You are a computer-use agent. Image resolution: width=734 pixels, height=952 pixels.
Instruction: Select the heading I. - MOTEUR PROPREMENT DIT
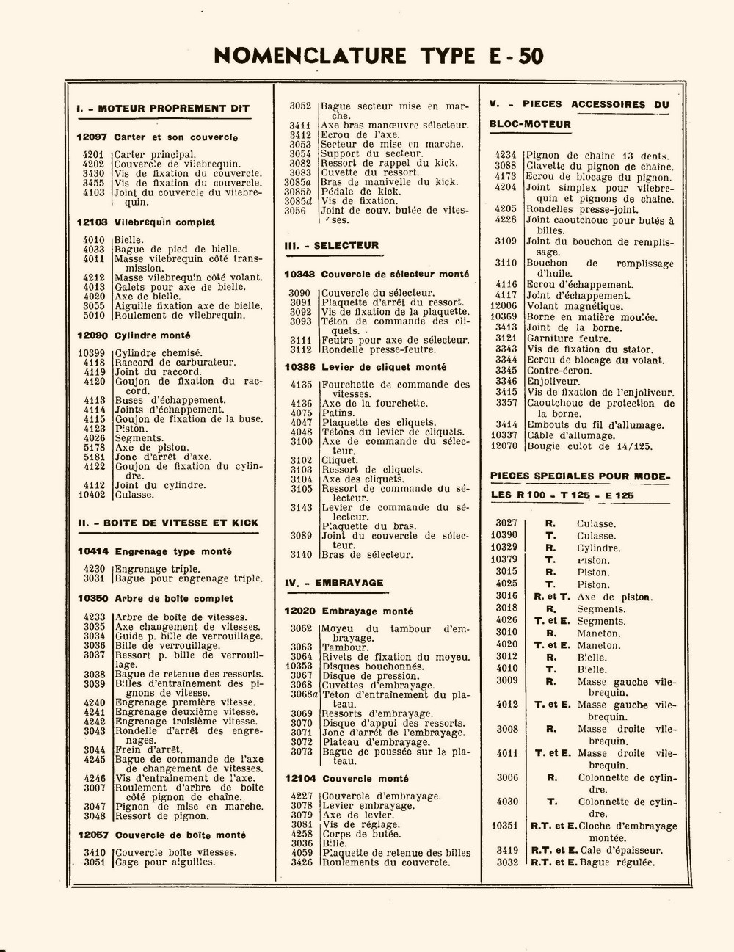pyautogui.click(x=163, y=109)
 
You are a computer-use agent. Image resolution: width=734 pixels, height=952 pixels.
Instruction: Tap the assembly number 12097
pyautogui.click(x=92, y=137)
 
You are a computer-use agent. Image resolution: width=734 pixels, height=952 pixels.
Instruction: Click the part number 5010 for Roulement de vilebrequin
pyautogui.click(x=93, y=316)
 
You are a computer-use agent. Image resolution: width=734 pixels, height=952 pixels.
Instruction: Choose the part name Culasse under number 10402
pyautogui.click(x=134, y=495)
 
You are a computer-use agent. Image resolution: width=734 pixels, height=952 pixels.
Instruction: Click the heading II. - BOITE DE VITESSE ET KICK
pyautogui.click(x=168, y=523)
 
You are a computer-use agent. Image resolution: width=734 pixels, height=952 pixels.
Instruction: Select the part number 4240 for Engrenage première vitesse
pyautogui.click(x=93, y=702)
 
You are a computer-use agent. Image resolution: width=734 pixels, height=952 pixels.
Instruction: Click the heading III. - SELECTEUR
pyautogui.click(x=332, y=246)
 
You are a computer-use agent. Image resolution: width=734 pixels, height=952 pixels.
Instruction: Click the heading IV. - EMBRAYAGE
pyautogui.click(x=334, y=583)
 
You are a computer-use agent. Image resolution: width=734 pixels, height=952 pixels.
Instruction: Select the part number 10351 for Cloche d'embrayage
pyautogui.click(x=504, y=826)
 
